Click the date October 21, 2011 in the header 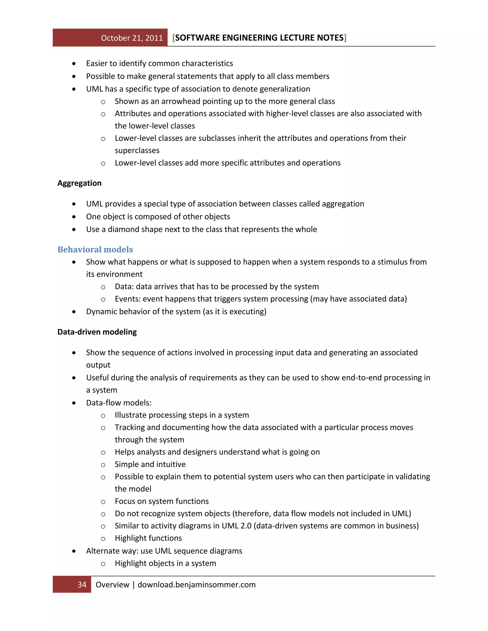132,38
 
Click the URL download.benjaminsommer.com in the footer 196,585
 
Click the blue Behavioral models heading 95,249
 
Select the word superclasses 137,150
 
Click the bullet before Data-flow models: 74,403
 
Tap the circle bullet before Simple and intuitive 103,465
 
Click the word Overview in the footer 112,585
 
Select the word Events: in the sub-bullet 127,299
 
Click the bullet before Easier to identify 74,64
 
